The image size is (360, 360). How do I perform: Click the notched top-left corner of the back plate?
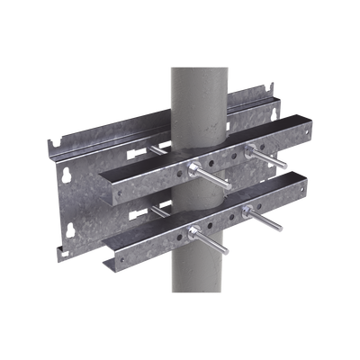pyautogui.click(x=50, y=141)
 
